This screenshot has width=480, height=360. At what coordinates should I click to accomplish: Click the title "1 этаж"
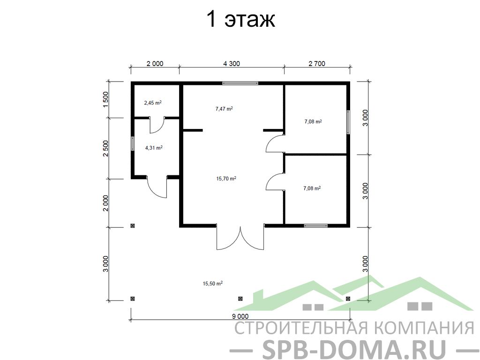[x=241, y=19]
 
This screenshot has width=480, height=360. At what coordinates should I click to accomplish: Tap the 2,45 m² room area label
[x=153, y=103]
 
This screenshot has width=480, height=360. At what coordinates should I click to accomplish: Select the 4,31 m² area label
[x=154, y=148]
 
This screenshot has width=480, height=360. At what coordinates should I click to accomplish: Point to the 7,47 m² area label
[x=224, y=108]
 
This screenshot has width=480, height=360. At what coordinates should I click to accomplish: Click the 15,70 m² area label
[x=226, y=179]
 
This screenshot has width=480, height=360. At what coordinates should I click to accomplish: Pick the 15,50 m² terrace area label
[x=212, y=284]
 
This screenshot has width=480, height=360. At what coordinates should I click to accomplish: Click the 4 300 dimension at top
[x=232, y=64]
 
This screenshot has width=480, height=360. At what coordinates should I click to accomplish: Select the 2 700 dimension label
[x=317, y=64]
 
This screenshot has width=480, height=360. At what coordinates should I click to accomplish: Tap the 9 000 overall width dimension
[x=240, y=316]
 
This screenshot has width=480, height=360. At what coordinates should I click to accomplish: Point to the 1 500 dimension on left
[x=105, y=99]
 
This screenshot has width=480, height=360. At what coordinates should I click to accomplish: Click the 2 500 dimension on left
[x=105, y=149]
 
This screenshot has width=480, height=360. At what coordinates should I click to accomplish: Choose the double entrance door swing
[x=240, y=238]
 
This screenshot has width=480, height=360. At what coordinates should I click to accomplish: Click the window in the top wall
[x=240, y=83]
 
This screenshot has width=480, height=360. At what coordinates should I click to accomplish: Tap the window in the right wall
[x=348, y=122]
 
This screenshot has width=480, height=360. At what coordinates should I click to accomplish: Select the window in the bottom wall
[x=315, y=226]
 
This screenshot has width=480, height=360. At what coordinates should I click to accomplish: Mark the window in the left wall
[x=133, y=143]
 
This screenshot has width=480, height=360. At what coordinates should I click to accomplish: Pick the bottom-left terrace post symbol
[x=133, y=299]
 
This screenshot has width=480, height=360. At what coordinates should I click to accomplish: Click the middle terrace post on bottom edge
[x=240, y=299]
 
